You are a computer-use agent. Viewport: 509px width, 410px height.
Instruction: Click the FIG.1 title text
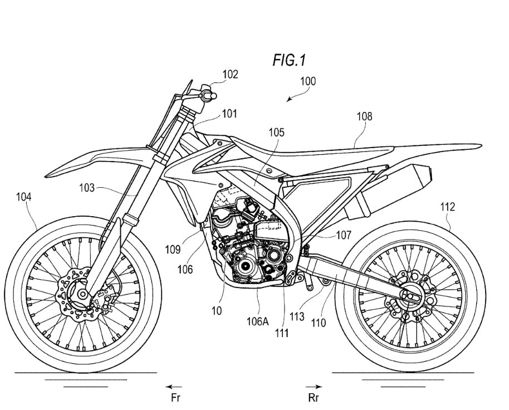point(289,60)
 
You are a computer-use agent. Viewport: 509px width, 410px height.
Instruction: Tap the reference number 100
point(307,81)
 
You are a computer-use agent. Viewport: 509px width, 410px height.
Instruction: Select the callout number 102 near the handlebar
point(230,74)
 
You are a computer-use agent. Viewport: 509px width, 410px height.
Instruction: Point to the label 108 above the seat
point(364,116)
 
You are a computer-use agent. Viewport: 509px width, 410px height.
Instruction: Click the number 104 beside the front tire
point(24,197)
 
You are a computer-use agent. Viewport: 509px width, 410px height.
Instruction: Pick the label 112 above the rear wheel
point(447,207)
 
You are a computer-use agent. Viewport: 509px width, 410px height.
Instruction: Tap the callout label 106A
point(258,321)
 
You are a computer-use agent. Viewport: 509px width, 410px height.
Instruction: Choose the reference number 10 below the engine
point(217,311)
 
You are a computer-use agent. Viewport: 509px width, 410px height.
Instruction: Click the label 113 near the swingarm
point(297,316)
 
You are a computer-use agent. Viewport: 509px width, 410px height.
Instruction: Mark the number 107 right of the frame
point(344,235)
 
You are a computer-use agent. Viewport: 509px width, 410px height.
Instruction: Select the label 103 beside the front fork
point(87,188)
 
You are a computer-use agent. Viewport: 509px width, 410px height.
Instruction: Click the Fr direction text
point(175,398)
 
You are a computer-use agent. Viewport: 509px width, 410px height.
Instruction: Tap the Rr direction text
point(314,398)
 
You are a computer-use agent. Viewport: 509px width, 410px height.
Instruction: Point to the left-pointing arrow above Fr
point(174,387)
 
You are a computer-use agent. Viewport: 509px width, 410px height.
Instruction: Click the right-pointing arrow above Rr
point(314,387)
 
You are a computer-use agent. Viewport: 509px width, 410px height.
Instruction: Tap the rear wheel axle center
point(410,295)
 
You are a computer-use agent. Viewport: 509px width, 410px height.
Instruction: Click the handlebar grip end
point(213,96)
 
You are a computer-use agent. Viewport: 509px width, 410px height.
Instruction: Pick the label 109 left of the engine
point(173,250)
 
